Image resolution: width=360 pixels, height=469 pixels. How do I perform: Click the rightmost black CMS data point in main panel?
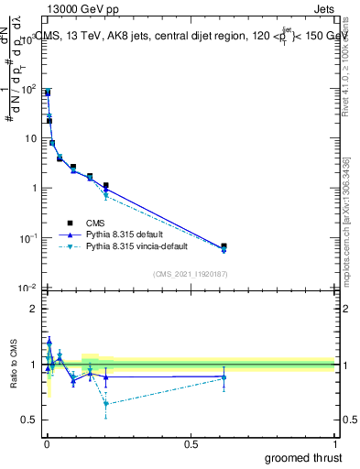[x=224, y=246]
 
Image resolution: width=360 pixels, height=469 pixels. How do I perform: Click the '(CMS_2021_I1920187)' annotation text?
[x=191, y=273]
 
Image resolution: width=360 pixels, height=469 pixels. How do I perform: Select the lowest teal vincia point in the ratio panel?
[x=106, y=403]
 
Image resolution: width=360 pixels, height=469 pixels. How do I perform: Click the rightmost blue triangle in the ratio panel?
[x=224, y=376]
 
